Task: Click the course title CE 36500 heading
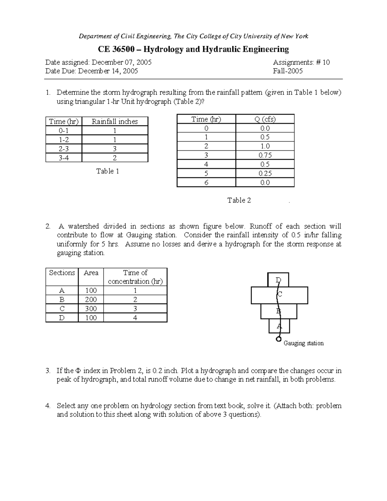tap(193, 49)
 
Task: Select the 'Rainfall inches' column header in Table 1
tap(114, 122)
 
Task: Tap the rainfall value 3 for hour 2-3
tap(114, 149)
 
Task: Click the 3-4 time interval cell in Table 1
tap(64, 158)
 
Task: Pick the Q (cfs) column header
tap(265, 119)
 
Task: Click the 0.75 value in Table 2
tap(265, 155)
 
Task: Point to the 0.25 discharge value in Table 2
tap(265, 173)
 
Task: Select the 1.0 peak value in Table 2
tap(265, 146)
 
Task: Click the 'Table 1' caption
tap(107, 171)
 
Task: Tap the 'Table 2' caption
tap(239, 200)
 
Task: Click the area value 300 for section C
tap(91, 309)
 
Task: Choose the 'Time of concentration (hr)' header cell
tap(135, 277)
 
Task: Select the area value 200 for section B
tap(91, 300)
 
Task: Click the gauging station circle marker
tap(279, 339)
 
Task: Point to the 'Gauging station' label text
tap(303, 343)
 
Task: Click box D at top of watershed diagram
tap(278, 280)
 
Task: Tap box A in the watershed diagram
tap(279, 326)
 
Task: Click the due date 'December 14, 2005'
tap(108, 71)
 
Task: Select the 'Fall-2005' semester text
tap(288, 71)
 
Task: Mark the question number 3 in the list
tap(48, 371)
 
